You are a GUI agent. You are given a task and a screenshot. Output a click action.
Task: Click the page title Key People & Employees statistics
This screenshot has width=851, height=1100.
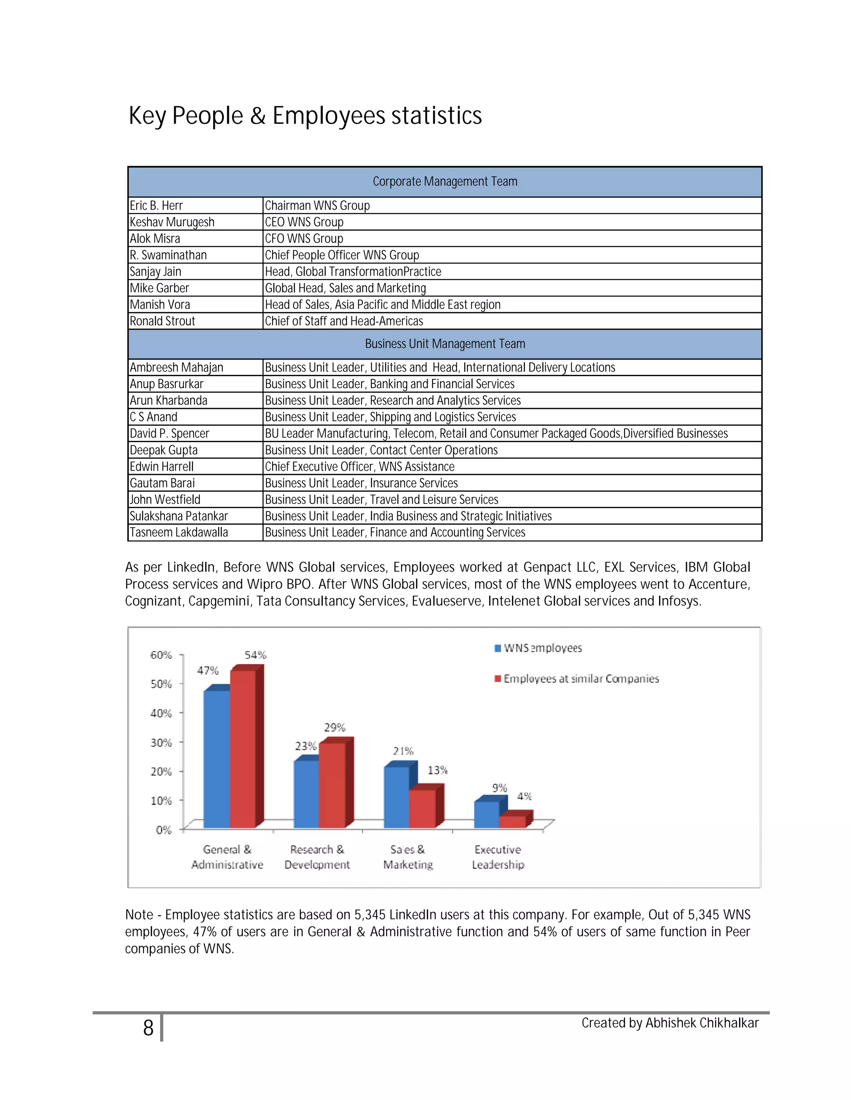(x=305, y=116)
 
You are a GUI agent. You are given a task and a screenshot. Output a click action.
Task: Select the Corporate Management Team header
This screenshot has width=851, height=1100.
(x=445, y=181)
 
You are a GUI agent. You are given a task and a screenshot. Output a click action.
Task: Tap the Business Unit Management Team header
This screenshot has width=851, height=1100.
(x=445, y=344)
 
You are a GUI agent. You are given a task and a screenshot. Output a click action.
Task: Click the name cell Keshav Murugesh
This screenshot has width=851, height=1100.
(x=172, y=222)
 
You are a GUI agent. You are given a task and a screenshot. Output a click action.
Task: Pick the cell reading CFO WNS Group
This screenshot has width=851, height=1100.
(x=304, y=239)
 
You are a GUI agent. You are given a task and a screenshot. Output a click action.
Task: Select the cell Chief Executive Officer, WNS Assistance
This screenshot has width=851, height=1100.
(x=359, y=467)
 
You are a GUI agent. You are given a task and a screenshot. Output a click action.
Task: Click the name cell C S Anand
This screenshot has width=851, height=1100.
(x=154, y=417)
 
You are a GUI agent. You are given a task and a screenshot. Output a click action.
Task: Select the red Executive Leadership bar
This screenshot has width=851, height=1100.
(x=512, y=821)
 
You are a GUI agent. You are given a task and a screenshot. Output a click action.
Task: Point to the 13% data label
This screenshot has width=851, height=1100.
(x=437, y=770)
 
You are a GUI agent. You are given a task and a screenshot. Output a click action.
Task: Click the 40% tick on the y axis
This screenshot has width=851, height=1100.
(x=161, y=713)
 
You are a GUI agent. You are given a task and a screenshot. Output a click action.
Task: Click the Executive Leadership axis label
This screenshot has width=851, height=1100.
(x=497, y=857)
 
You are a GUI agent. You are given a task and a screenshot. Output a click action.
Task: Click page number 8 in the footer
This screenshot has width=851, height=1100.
(x=148, y=1028)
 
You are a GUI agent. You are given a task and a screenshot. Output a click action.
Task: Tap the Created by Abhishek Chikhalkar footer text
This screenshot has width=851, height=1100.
(x=669, y=1023)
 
